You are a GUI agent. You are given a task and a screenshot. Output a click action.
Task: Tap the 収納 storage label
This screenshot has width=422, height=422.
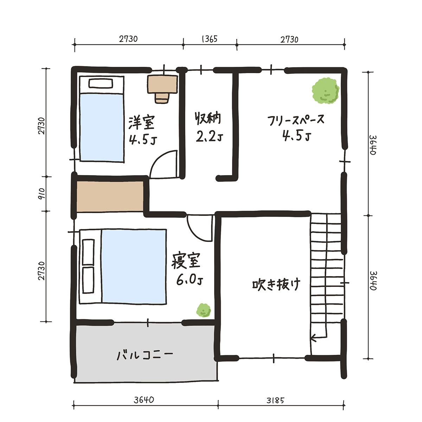(x=207, y=119)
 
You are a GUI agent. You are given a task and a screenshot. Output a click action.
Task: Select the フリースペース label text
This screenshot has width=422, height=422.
(x=296, y=120)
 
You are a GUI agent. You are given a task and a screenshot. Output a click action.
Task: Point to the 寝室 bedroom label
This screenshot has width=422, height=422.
(x=186, y=261)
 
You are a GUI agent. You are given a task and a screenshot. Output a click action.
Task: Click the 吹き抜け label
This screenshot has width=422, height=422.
(x=276, y=284)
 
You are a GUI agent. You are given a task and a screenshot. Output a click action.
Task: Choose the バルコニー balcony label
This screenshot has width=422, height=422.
(x=145, y=356)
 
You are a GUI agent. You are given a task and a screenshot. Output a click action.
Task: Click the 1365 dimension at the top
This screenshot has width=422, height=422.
(x=210, y=39)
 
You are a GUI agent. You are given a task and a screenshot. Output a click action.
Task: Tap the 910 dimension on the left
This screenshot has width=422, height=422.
(x=41, y=193)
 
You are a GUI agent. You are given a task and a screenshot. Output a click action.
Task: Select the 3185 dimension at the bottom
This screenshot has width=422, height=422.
(x=275, y=401)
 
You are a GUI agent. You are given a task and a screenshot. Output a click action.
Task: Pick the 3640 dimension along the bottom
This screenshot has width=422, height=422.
(x=144, y=400)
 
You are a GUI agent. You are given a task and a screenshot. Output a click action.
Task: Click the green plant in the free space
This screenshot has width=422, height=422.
(x=326, y=90)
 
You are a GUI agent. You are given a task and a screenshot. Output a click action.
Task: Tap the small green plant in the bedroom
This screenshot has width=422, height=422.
(x=204, y=310)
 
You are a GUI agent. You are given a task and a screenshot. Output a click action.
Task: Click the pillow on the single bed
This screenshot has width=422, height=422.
(x=101, y=83)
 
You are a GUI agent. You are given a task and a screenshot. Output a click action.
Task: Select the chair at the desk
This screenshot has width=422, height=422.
(x=162, y=98)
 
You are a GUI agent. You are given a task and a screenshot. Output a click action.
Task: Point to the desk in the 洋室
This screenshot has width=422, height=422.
(x=162, y=84)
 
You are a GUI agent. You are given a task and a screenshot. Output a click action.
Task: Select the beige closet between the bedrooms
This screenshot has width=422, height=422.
(x=110, y=197)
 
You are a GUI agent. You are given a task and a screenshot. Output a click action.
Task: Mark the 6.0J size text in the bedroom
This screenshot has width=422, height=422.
(x=190, y=280)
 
